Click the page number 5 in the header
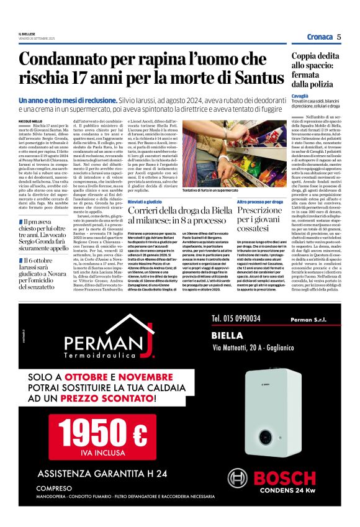point(340,37)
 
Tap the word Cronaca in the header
point(320,37)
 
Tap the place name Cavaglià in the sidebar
point(300,96)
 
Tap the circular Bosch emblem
point(238,480)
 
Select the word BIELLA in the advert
point(227,333)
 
